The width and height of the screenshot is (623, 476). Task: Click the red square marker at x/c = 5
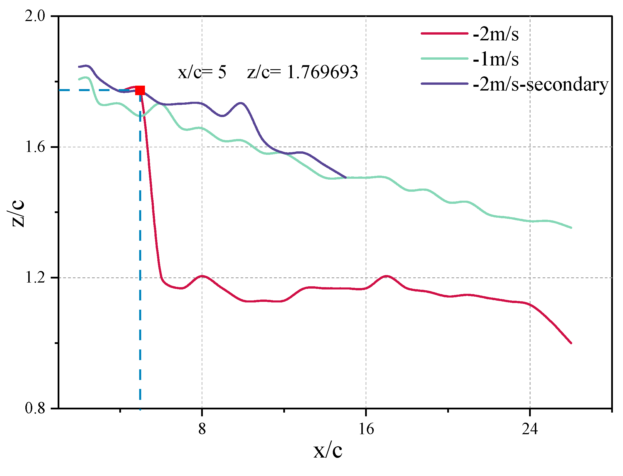pyautogui.click(x=140, y=90)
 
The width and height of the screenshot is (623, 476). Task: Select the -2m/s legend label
pyautogui.click(x=496, y=34)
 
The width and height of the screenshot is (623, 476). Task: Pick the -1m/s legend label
pyautogui.click(x=496, y=59)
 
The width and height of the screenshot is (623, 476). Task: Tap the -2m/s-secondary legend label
pyautogui.click(x=541, y=84)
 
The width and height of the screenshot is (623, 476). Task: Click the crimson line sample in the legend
pyautogui.click(x=444, y=34)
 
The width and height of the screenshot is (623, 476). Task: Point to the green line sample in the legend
pyautogui.click(x=444, y=59)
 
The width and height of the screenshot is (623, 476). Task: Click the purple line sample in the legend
pyautogui.click(x=444, y=84)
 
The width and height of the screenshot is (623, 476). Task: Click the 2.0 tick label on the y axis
pyautogui.click(x=35, y=16)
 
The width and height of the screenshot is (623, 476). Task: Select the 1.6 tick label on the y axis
pyautogui.click(x=35, y=147)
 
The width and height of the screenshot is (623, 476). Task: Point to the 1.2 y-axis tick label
pyautogui.click(x=35, y=278)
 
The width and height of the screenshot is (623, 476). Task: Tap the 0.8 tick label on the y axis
pyautogui.click(x=35, y=408)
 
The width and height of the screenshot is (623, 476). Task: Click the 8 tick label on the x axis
pyautogui.click(x=202, y=429)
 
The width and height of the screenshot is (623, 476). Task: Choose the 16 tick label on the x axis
pyautogui.click(x=366, y=429)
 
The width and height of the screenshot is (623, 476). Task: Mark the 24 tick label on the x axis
pyautogui.click(x=530, y=429)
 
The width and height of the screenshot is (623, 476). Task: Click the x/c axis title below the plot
pyautogui.click(x=328, y=451)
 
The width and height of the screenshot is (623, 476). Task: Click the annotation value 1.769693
pyautogui.click(x=322, y=72)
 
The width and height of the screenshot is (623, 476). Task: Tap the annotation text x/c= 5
pyautogui.click(x=202, y=72)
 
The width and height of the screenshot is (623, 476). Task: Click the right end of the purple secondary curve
pyautogui.click(x=346, y=177)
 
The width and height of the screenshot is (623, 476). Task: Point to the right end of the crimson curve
pyautogui.click(x=571, y=343)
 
